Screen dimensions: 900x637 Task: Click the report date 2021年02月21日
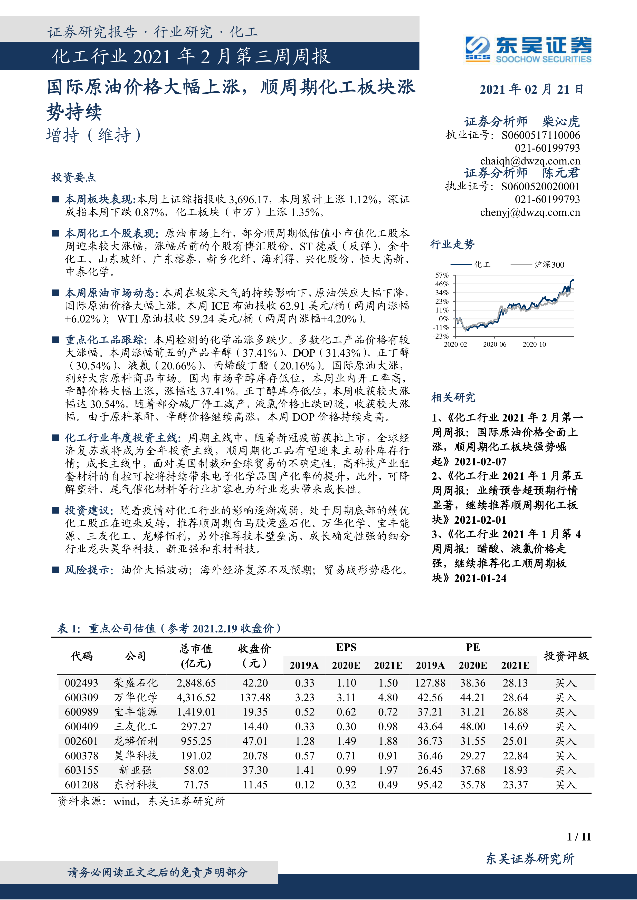(x=531, y=89)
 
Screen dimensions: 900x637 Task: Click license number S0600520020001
(x=540, y=186)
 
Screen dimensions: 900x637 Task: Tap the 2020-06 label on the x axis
(x=494, y=344)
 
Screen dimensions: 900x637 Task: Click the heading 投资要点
(x=73, y=178)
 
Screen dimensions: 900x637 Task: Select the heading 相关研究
(x=453, y=397)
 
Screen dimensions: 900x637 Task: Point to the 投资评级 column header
(x=566, y=656)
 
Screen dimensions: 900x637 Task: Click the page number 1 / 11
(x=578, y=837)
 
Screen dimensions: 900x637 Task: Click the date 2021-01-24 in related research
(x=480, y=578)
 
